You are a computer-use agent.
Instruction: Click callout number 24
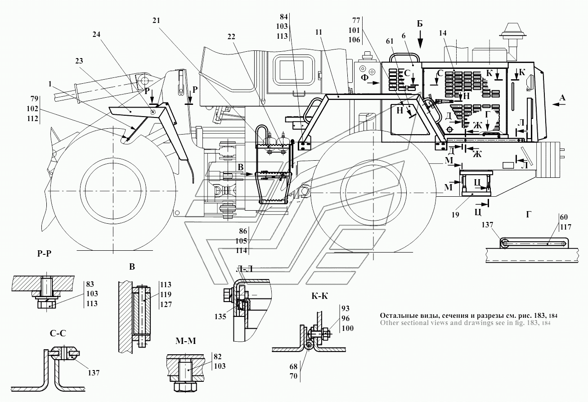96,34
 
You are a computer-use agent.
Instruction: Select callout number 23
79,61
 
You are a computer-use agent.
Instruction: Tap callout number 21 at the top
156,21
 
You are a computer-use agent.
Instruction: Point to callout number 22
231,37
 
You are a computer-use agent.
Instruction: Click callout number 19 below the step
455,215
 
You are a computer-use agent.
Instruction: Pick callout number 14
443,33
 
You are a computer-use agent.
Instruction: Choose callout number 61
390,41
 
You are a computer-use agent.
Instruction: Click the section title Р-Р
44,253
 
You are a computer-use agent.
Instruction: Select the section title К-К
320,296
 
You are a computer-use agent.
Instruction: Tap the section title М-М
186,341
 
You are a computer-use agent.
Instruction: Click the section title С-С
58,334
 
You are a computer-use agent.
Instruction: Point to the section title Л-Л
244,269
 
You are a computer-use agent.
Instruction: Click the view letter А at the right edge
562,98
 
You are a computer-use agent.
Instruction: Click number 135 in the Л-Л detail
220,316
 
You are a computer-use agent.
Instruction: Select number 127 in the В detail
166,304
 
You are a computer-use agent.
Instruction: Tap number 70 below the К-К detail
293,376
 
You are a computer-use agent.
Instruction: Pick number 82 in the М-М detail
218,357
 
